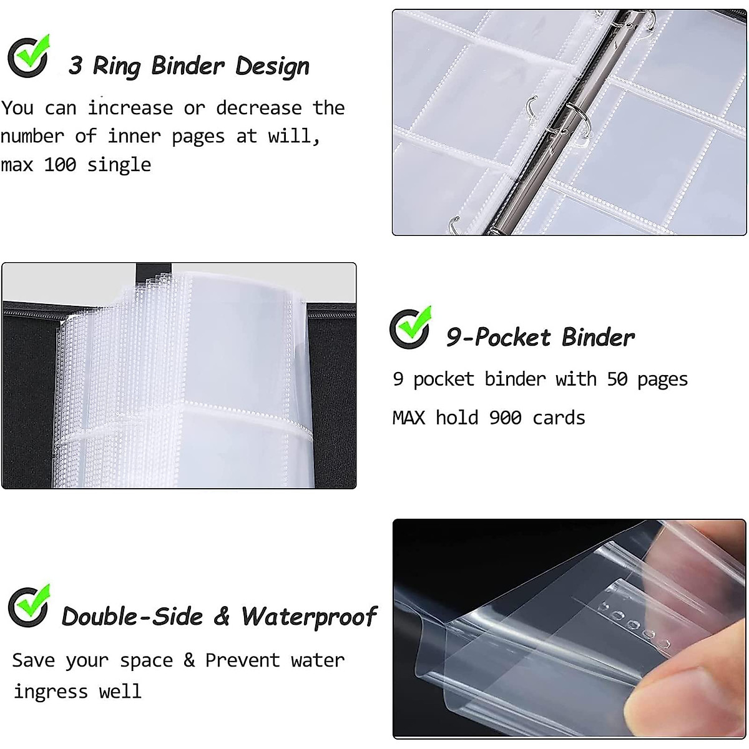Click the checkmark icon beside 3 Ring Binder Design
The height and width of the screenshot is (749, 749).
[28, 56]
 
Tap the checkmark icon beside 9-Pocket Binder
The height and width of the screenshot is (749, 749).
[410, 328]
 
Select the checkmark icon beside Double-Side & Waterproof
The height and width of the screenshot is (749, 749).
[29, 606]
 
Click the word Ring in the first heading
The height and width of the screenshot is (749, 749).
[117, 66]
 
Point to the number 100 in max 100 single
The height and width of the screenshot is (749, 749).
[60, 165]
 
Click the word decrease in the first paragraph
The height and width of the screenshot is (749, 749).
[258, 108]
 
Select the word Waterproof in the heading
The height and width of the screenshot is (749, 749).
[309, 617]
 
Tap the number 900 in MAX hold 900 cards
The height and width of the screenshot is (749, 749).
[505, 418]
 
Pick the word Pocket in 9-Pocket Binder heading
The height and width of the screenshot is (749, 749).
[512, 338]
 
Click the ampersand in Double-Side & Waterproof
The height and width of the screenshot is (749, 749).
[222, 617]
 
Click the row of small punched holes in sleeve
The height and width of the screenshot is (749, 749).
[630, 621]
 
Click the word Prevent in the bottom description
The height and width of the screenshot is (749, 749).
[242, 660]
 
